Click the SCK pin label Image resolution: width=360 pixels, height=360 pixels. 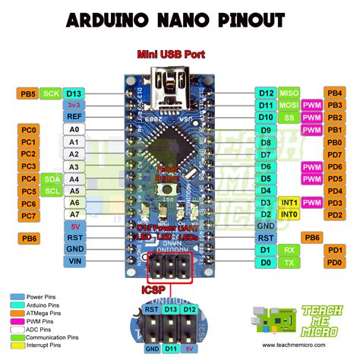tap(52, 93)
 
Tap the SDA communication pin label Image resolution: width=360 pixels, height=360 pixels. tap(52, 178)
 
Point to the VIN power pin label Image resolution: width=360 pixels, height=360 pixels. tap(74, 261)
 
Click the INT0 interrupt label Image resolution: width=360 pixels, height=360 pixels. tap(289, 215)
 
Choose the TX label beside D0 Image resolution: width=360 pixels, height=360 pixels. tap(289, 262)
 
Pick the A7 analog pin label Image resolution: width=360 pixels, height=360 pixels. tap(74, 216)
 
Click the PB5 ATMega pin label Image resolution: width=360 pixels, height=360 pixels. tap(28, 93)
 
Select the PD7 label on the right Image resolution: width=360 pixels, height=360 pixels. tap(334, 154)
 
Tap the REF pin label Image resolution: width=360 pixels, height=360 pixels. tap(74, 117)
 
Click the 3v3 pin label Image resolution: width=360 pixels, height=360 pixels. tap(74, 106)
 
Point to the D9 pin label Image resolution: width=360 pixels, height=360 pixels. tap(266, 130)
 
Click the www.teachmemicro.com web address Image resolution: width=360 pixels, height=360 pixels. tap(313, 344)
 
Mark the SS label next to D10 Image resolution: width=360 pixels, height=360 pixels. tap(289, 118)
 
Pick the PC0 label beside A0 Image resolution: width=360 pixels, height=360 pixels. tap(28, 130)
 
